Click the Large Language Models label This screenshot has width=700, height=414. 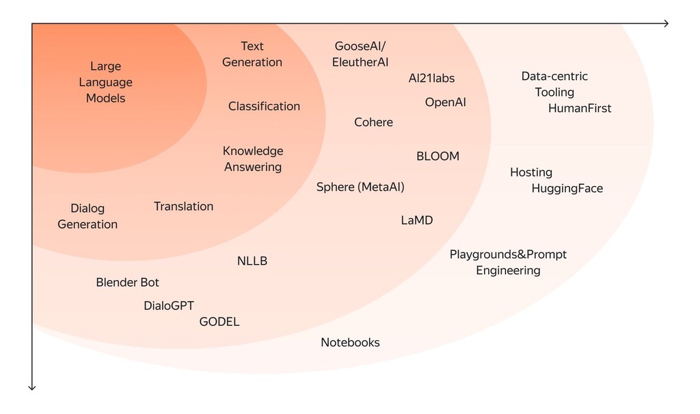click(x=105, y=82)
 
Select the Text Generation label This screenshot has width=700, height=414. click(x=252, y=54)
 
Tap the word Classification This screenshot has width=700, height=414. click(x=264, y=106)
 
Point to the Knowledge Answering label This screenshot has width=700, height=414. click(x=253, y=159)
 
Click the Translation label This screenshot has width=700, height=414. click(x=183, y=206)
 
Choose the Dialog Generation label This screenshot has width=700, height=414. click(x=87, y=216)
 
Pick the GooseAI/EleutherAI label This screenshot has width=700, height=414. click(x=360, y=54)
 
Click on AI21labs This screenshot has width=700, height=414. click(x=431, y=78)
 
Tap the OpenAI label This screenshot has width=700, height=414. click(x=445, y=102)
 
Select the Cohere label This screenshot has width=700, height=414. click(x=373, y=122)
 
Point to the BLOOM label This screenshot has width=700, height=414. click(x=437, y=156)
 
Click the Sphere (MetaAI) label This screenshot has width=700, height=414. click(x=360, y=187)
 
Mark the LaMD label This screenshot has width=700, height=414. click(x=416, y=220)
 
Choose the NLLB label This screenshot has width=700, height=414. click(x=252, y=261)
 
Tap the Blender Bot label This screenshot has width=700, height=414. click(x=127, y=282)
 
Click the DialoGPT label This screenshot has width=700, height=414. click(x=169, y=306)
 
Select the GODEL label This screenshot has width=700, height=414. click(x=219, y=322)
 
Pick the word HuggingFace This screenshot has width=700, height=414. click(x=567, y=188)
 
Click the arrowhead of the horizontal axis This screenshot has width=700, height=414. click(x=665, y=24)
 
